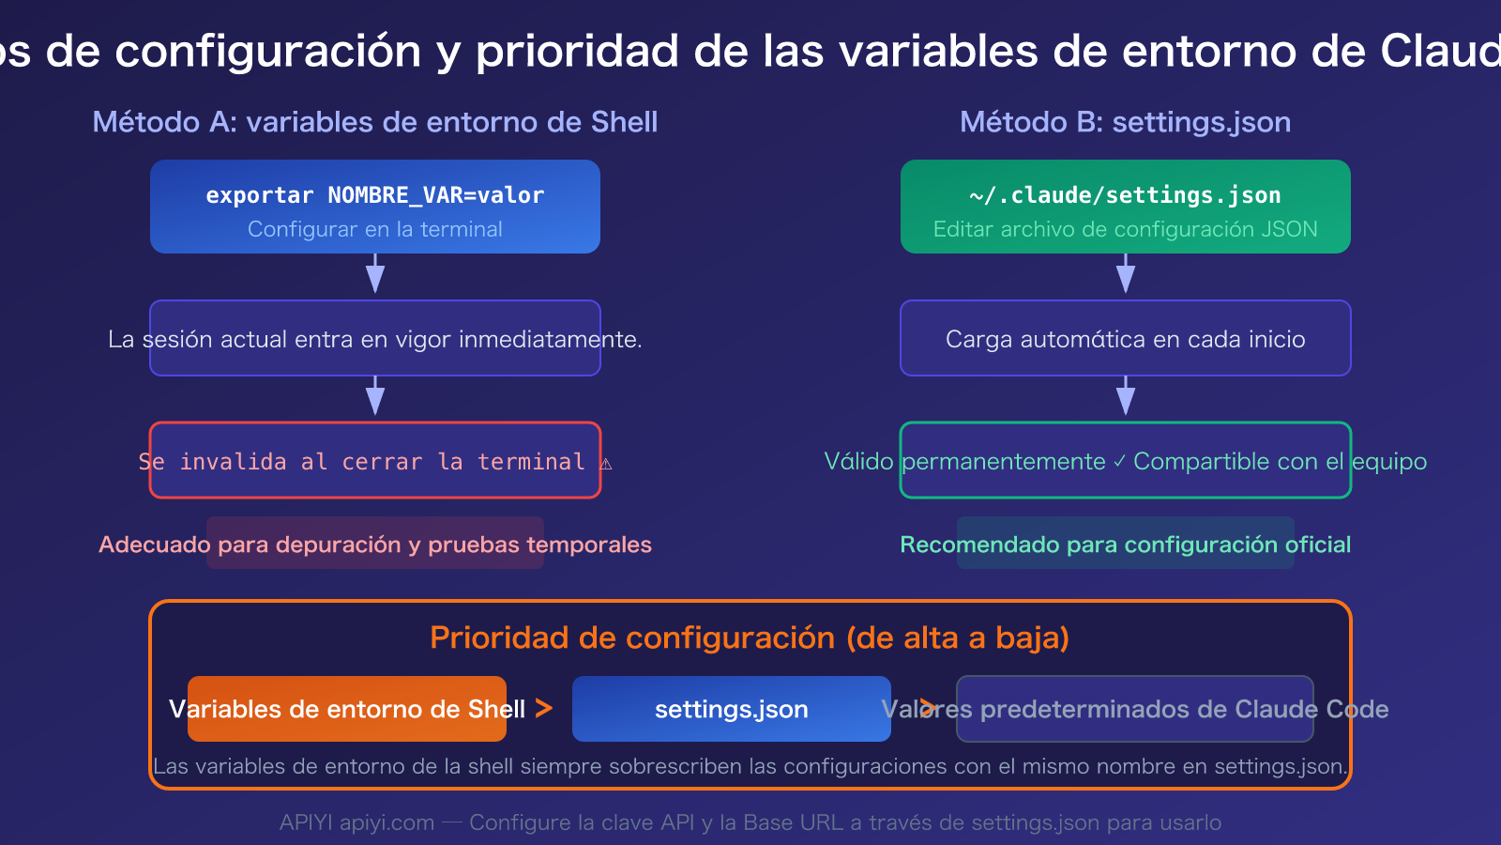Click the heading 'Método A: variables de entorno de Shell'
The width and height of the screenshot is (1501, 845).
(x=375, y=122)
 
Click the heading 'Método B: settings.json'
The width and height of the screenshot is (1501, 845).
(x=1125, y=122)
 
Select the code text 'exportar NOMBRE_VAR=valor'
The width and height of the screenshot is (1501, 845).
(x=375, y=195)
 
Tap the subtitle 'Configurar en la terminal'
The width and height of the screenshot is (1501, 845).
(x=375, y=229)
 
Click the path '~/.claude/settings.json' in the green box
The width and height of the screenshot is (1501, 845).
(x=1125, y=195)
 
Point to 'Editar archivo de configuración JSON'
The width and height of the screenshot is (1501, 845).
(x=1125, y=229)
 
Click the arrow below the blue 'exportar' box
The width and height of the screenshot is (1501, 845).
(x=375, y=274)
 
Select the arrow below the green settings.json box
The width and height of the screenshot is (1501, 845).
(x=1126, y=274)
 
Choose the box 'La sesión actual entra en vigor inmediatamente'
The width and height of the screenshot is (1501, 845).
(x=375, y=339)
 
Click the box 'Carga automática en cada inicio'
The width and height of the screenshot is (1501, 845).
(x=1125, y=339)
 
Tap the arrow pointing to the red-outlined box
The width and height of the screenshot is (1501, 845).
(x=375, y=397)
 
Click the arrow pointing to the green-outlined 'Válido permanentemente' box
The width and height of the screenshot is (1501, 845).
(x=1126, y=397)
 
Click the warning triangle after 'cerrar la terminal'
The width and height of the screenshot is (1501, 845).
(x=606, y=463)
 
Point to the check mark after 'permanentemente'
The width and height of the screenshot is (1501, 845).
(x=1119, y=462)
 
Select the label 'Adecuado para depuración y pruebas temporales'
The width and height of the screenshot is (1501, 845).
(x=375, y=545)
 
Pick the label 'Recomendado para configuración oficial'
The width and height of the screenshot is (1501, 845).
(x=1125, y=545)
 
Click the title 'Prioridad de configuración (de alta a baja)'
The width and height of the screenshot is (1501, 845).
(x=750, y=638)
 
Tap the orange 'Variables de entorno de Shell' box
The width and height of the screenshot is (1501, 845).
(x=347, y=709)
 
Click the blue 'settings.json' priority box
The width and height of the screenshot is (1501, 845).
(x=731, y=709)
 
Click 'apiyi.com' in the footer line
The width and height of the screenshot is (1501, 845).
(x=387, y=823)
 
